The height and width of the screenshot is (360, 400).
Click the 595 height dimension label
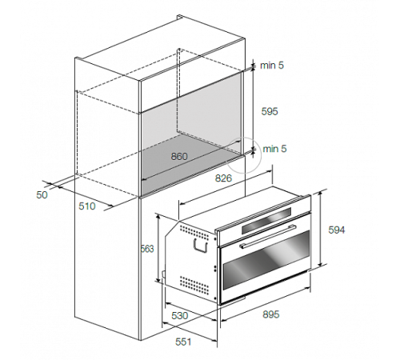point(270,111)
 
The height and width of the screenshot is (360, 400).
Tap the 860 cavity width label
point(179,156)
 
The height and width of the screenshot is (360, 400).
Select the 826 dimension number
point(223,178)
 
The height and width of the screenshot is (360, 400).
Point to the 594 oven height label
point(337,230)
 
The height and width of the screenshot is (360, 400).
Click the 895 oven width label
point(271,314)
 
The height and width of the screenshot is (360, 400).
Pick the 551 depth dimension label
point(183,342)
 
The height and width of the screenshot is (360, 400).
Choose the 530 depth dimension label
point(180,316)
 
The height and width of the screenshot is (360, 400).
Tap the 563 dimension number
point(147,249)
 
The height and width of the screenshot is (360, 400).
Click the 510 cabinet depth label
point(87,206)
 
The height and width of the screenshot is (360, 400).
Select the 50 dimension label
point(42,195)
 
